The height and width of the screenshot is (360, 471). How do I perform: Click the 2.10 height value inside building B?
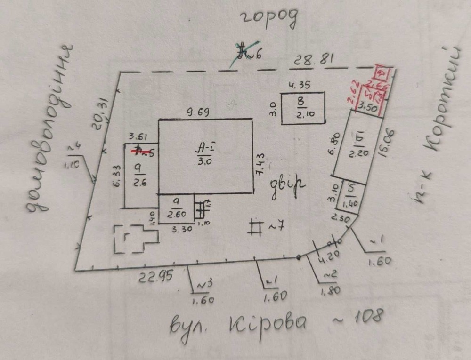tap(304, 113)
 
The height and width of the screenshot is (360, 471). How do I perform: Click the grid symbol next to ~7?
tap(256, 227)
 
